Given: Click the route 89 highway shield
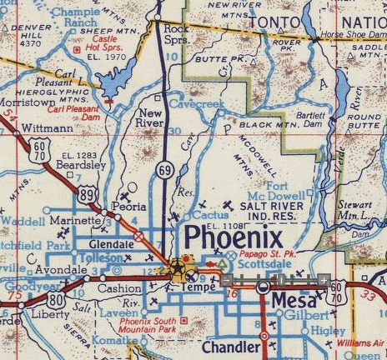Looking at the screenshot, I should pyautogui.click(x=89, y=193).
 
